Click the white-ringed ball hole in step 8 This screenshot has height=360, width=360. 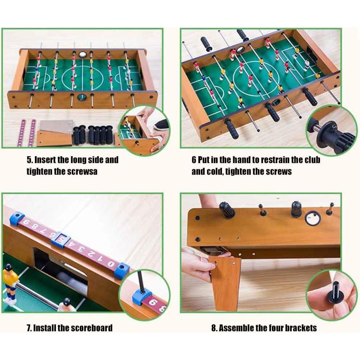click(312, 218)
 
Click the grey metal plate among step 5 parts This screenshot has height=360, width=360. click(56, 126)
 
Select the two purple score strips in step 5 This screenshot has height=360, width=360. click(27, 133)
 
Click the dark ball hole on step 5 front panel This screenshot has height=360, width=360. click(82, 97)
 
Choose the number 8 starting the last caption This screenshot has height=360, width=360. click(214, 328)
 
